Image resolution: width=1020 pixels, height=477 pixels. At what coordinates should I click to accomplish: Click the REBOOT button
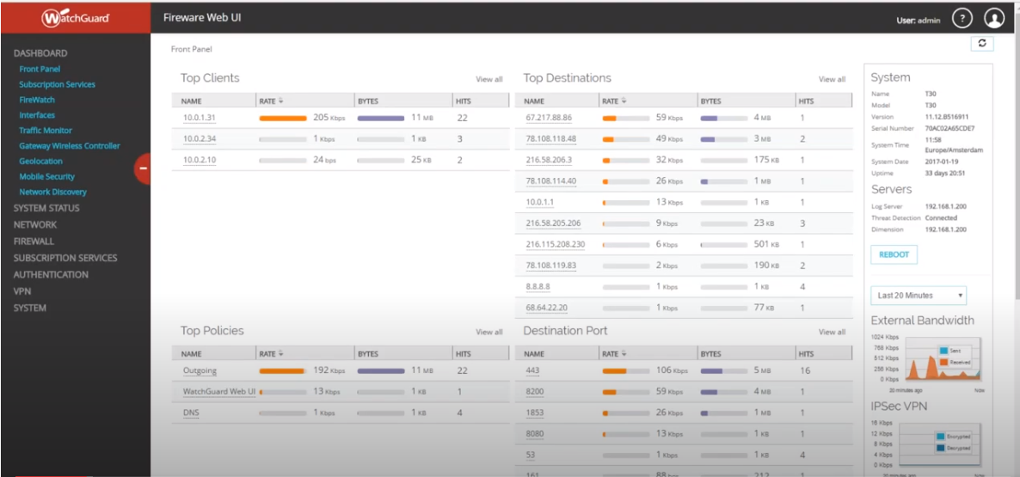894,254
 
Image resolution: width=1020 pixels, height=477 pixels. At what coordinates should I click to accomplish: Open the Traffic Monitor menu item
46,131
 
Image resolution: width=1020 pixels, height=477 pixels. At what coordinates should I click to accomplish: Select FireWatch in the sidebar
37,100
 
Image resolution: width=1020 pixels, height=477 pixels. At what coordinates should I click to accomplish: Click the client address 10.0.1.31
199,118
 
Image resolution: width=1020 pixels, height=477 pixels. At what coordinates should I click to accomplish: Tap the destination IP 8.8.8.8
539,286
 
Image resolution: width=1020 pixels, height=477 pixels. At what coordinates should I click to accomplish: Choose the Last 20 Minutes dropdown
918,296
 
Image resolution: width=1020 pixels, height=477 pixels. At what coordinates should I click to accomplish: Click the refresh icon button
981,43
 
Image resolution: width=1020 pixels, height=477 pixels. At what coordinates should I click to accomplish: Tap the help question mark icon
962,18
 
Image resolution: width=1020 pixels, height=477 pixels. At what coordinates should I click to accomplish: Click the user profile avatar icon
994,18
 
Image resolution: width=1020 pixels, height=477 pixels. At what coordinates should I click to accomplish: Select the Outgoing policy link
200,370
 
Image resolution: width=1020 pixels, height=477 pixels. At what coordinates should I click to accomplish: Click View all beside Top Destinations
832,79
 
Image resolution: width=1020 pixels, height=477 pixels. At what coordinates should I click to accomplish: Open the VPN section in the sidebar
22,291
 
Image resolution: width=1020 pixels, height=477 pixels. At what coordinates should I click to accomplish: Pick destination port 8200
534,391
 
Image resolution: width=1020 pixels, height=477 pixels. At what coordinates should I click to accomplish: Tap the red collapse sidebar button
143,168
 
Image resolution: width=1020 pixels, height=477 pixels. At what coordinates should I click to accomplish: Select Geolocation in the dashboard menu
41,161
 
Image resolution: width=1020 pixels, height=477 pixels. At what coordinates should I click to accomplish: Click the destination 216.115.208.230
555,244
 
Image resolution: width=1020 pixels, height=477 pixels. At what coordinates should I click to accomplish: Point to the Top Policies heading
212,331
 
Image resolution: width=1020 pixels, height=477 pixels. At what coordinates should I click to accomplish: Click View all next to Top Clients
489,79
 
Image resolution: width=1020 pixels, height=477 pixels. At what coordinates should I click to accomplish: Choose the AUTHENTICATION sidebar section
51,275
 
